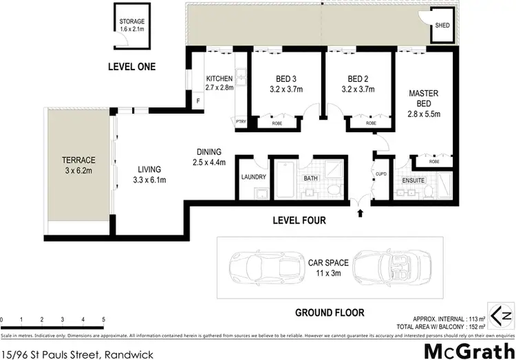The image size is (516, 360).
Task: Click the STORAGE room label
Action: [132, 21]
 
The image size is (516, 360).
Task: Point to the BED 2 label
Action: [359, 78]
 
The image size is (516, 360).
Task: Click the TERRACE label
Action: [78, 160]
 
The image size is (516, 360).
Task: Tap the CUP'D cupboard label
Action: [381, 173]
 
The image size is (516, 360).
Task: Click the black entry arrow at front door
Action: [361, 213]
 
